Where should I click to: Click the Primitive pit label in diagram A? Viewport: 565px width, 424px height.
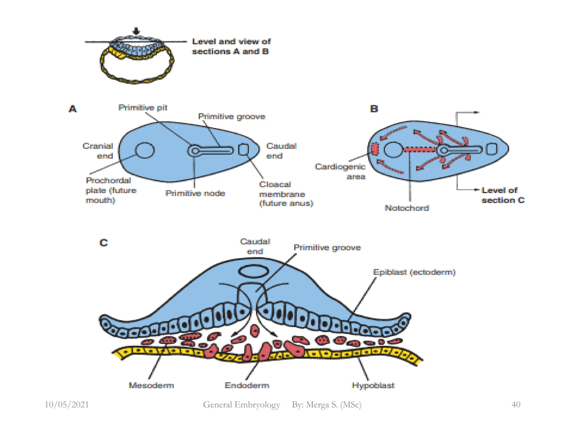click(143, 108)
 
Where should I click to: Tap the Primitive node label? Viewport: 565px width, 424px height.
click(195, 193)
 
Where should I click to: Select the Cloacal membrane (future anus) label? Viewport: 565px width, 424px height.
click(286, 194)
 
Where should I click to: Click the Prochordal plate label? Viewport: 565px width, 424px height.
click(111, 190)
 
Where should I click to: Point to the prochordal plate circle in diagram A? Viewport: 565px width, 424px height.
click(145, 150)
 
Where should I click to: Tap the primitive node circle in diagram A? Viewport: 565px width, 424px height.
click(195, 151)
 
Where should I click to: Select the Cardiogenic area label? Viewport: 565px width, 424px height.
click(340, 171)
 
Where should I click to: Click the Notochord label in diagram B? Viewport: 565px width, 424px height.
click(407, 208)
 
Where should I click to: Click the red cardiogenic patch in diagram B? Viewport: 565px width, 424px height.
click(374, 149)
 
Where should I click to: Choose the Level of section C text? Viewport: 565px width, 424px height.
click(503, 195)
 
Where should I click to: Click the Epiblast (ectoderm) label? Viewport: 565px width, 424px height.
click(414, 272)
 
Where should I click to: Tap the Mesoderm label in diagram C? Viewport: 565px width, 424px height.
click(151, 385)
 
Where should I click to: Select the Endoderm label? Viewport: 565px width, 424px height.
click(247, 385)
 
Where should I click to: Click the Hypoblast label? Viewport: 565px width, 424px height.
click(373, 385)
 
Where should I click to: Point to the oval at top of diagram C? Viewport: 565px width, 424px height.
click(253, 271)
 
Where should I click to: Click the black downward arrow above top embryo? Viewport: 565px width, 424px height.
click(136, 31)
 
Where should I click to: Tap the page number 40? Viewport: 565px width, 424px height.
click(516, 404)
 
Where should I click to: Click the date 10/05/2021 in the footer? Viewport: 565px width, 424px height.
click(67, 404)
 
